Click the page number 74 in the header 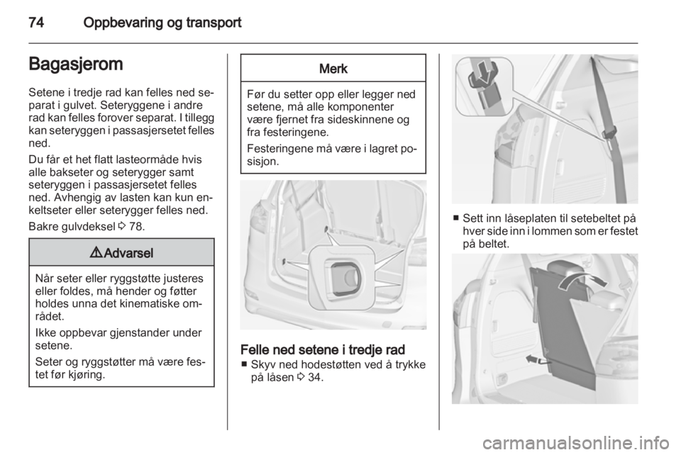point(36,23)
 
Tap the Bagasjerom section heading point(76,64)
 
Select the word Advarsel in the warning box point(128,253)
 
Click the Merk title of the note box point(333,69)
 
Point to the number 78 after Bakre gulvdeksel point(136,226)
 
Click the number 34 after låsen point(315,377)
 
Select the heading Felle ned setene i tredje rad point(323,349)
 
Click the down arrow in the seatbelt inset point(484,73)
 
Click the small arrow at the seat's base point(538,359)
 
